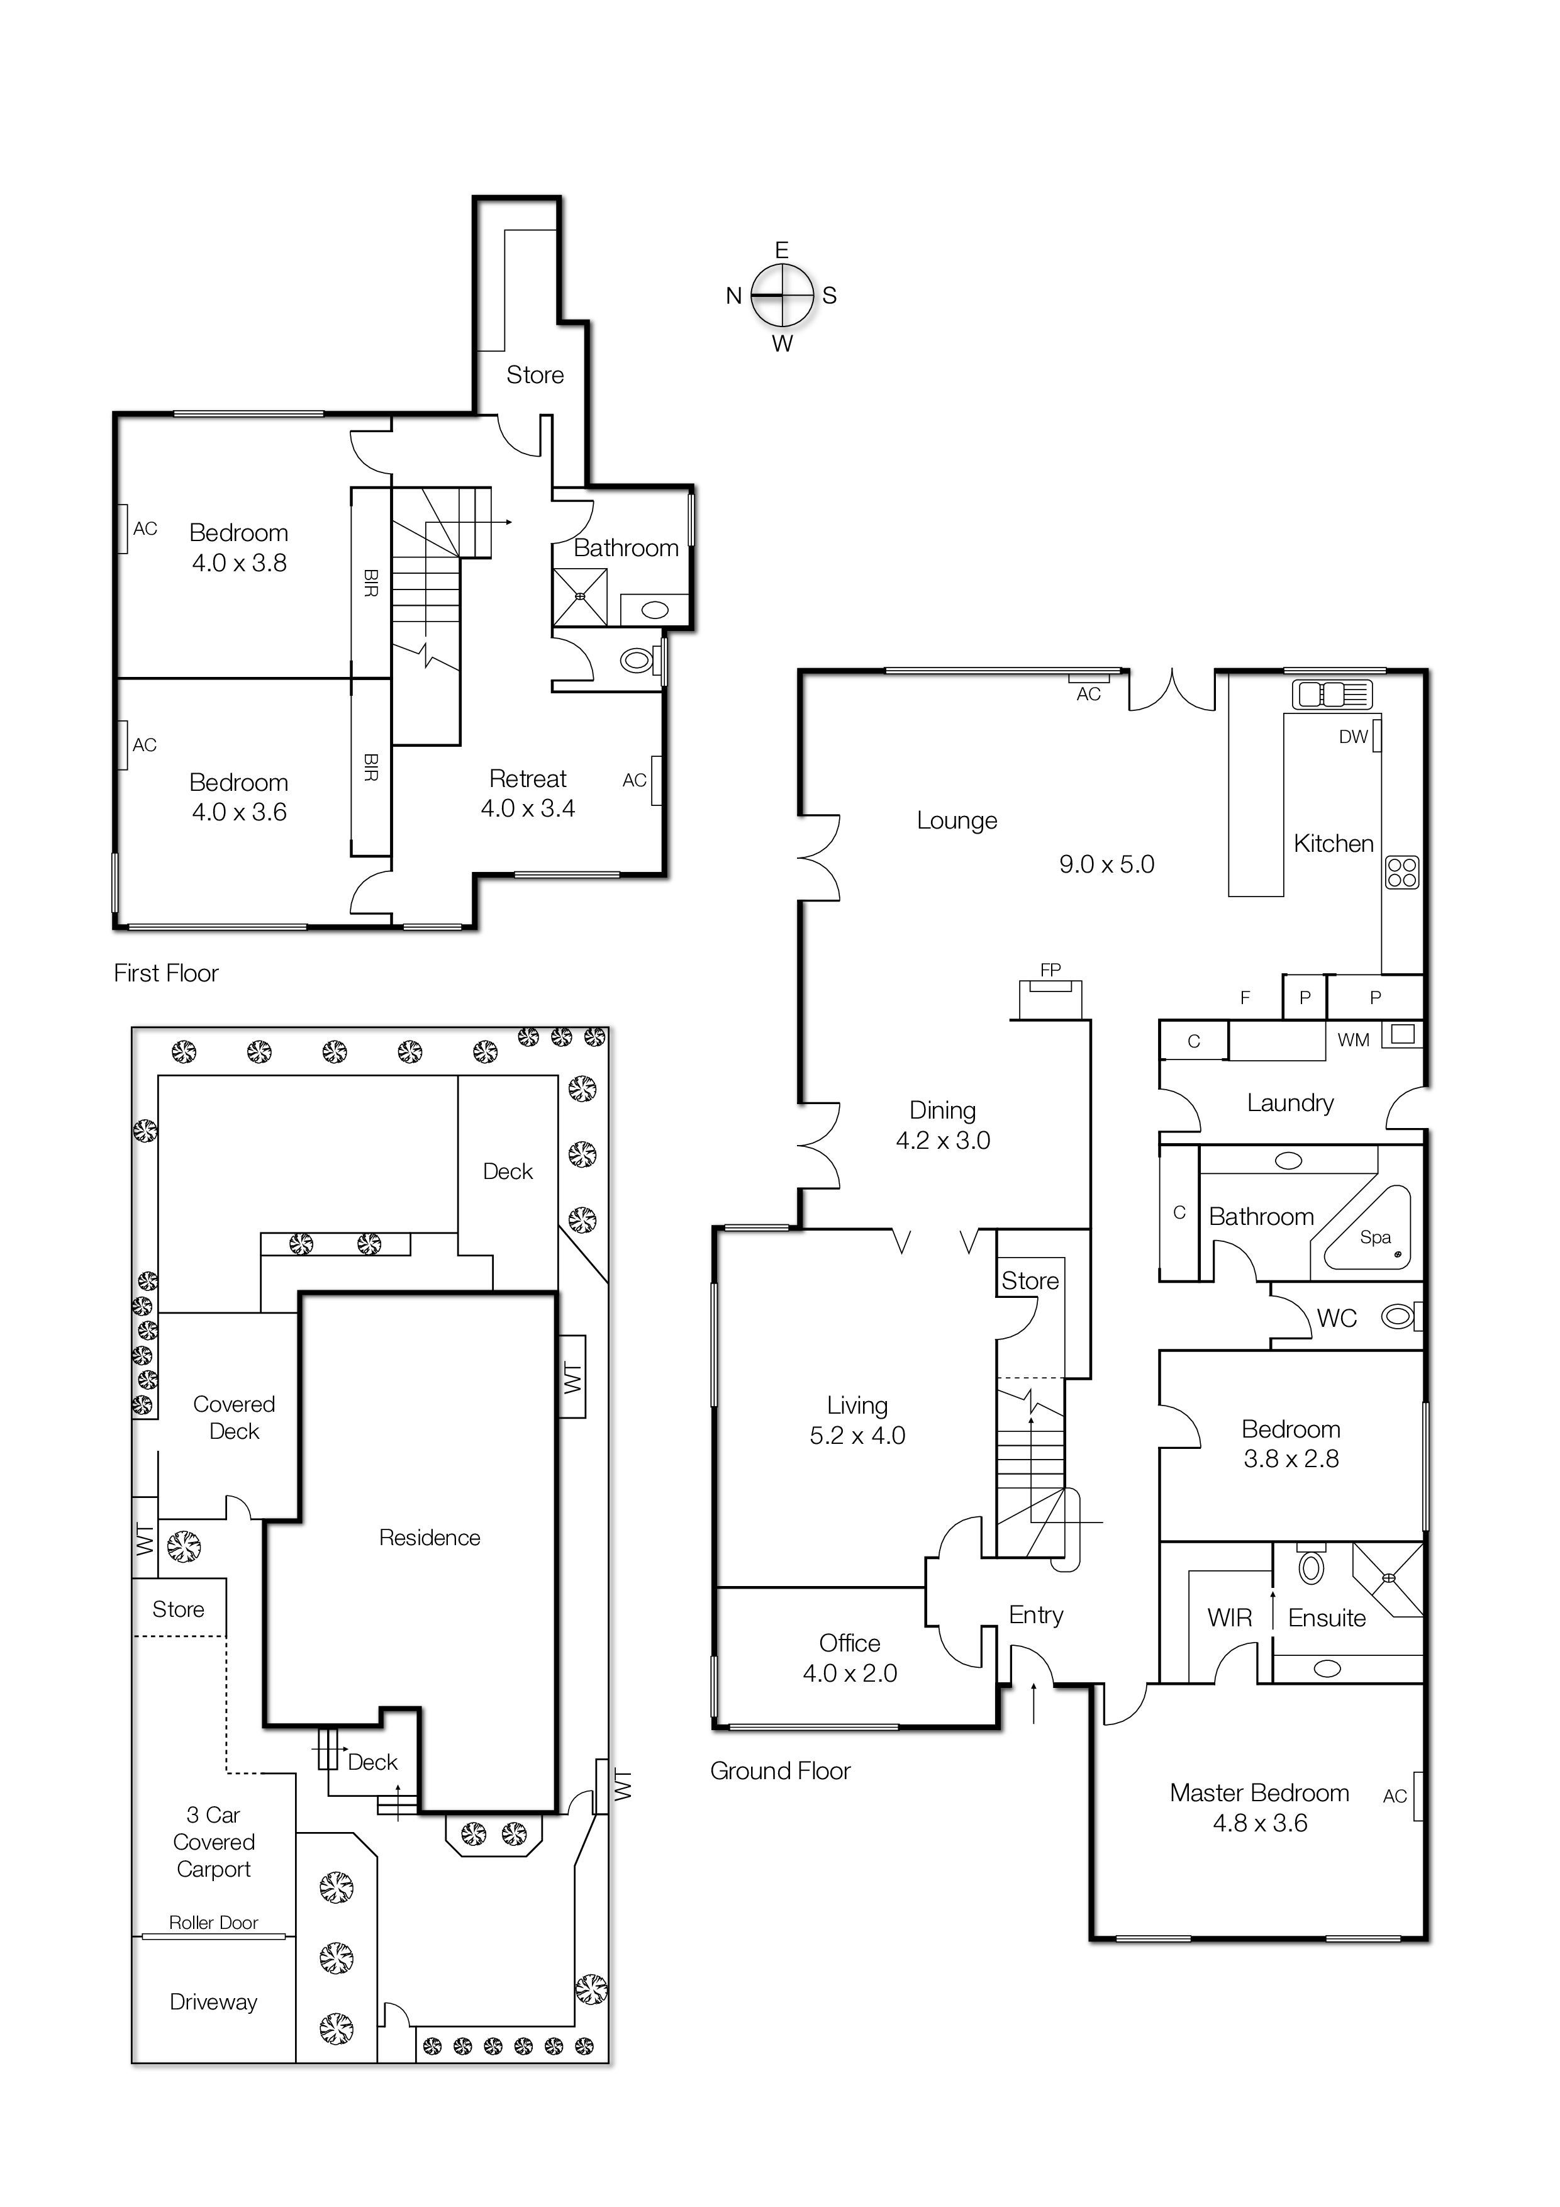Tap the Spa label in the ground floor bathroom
1374,1237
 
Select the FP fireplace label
1050,970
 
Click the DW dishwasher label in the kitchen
1352,737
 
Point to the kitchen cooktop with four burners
1402,873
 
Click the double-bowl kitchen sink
1333,693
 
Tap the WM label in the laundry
1352,1040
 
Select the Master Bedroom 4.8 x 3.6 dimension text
1259,1823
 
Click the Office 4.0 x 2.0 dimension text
850,1673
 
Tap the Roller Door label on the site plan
213,1923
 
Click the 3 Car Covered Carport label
213,1841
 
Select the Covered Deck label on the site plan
233,1418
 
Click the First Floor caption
166,974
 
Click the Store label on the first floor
535,375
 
